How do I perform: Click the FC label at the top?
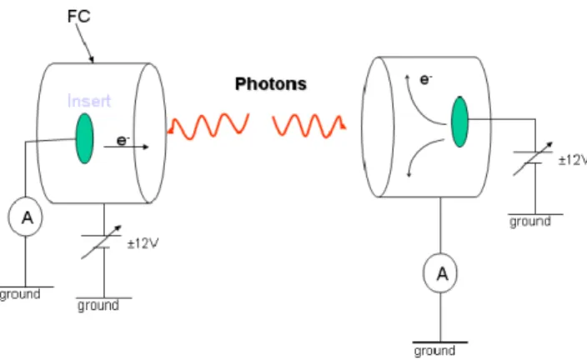(79, 17)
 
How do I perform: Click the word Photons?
(271, 84)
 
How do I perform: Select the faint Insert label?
(89, 101)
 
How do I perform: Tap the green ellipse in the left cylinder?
(84, 138)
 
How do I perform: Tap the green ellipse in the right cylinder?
(459, 122)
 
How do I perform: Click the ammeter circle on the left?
(26, 217)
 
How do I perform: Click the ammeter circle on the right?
(440, 273)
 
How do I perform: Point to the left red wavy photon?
(208, 126)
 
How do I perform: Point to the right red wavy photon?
(309, 126)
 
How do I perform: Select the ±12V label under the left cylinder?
(143, 244)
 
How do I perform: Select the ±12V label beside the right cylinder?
(573, 160)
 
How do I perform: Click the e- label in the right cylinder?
(426, 79)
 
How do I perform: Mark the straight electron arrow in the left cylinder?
(126, 147)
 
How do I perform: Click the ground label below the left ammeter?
(20, 294)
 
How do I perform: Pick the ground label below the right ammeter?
(434, 351)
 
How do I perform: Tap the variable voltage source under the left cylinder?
(102, 242)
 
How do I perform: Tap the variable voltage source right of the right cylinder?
(533, 158)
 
